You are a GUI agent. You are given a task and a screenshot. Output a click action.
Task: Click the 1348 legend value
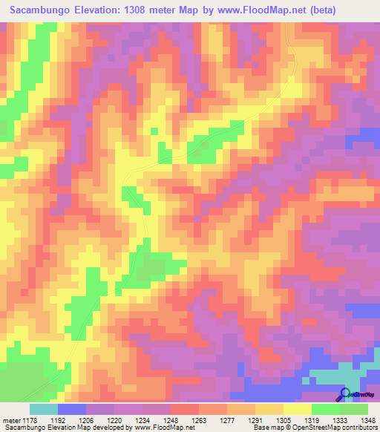click(365, 419)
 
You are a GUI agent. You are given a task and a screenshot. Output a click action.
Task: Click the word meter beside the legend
click(12, 419)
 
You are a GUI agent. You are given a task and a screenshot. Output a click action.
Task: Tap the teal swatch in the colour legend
click(44, 409)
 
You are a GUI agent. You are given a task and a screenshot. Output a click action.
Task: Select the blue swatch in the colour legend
click(72, 409)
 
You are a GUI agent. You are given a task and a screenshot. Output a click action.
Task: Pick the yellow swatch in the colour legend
click(298, 409)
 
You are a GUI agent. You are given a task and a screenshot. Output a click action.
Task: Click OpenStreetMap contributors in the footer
click(335, 428)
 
